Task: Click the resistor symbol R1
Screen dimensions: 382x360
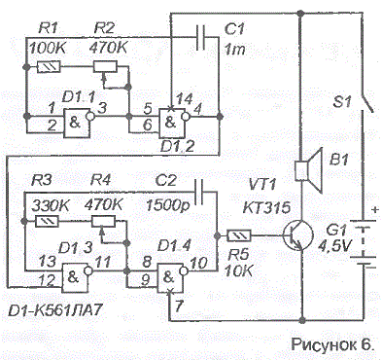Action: pyautogui.click(x=49, y=67)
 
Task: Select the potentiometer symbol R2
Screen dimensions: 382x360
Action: pyautogui.click(x=105, y=67)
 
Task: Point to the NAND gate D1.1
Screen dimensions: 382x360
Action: pyautogui.click(x=78, y=123)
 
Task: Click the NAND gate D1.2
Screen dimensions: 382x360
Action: pyautogui.click(x=173, y=123)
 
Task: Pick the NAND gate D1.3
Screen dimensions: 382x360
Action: pyautogui.click(x=77, y=277)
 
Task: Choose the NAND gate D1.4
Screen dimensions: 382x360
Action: pyautogui.click(x=172, y=277)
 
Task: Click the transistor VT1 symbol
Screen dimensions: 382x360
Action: pyautogui.click(x=297, y=235)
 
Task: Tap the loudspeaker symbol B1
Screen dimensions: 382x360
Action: pyautogui.click(x=309, y=170)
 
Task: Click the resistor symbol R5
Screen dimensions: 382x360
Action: pyautogui.click(x=239, y=235)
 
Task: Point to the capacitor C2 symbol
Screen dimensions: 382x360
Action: pyautogui.click(x=200, y=193)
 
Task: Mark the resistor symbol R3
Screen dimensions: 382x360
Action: pyautogui.click(x=48, y=222)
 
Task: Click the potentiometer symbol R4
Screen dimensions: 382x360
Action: pyautogui.click(x=103, y=222)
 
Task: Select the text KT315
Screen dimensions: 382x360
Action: pyautogui.click(x=267, y=206)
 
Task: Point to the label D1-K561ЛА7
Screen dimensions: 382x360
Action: pyautogui.click(x=54, y=311)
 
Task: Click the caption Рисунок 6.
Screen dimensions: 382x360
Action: pyautogui.click(x=332, y=344)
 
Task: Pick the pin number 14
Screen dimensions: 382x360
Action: pyautogui.click(x=185, y=99)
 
